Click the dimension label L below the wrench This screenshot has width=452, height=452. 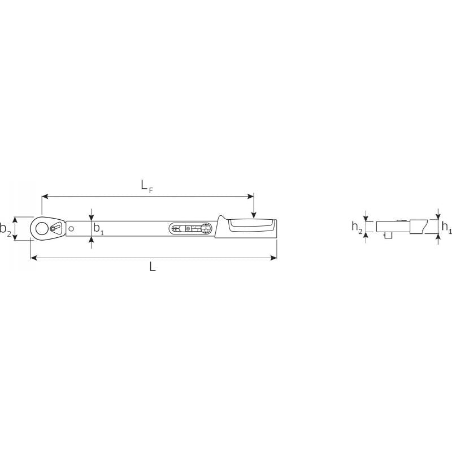tap(153, 267)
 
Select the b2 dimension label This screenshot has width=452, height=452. tap(6, 229)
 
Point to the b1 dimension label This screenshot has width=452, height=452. tap(98, 229)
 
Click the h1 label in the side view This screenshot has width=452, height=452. tap(446, 227)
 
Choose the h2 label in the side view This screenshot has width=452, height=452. tap(357, 227)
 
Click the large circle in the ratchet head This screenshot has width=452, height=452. tap(42, 228)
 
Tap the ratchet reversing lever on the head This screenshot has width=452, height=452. tap(55, 228)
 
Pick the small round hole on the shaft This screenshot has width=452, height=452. tap(72, 228)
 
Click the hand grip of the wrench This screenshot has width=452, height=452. tap(251, 228)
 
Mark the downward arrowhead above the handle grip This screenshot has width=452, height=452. tap(254, 215)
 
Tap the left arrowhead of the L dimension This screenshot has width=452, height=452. tap(33, 258)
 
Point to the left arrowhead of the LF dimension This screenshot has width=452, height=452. tap(45, 197)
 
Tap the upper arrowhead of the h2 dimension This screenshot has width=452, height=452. tap(366, 218)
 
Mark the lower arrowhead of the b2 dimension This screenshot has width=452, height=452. tap(16, 237)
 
